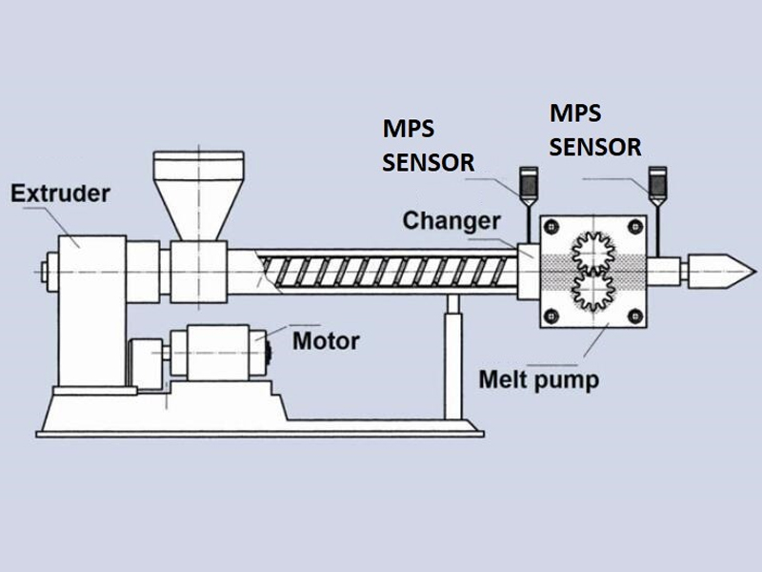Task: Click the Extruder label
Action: tap(61, 194)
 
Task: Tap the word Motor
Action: tap(325, 340)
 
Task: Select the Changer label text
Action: tap(451, 221)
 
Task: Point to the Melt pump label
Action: tap(539, 380)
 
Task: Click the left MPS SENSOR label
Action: tap(428, 144)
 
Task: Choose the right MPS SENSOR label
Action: tap(595, 130)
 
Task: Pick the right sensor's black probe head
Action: tap(656, 180)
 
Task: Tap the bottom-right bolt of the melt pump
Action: tap(635, 316)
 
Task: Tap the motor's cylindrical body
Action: tap(219, 353)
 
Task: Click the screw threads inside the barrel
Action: tap(381, 270)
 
